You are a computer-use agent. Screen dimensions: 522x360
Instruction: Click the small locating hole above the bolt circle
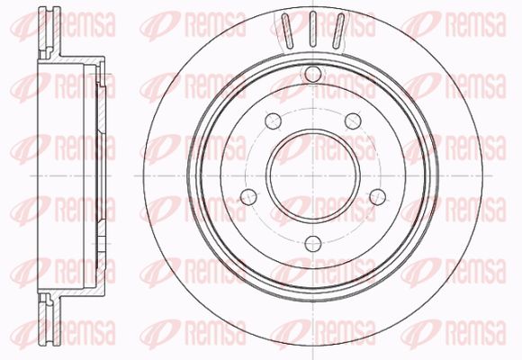(x=313, y=75)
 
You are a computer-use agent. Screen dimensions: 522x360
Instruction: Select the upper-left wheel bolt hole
(x=274, y=121)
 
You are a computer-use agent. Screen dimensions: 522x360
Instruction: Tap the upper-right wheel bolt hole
(x=353, y=121)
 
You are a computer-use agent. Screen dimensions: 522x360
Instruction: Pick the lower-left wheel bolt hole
(x=248, y=197)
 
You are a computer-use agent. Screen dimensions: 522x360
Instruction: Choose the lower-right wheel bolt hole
(x=378, y=197)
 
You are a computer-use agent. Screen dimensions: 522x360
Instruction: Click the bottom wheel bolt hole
(x=313, y=244)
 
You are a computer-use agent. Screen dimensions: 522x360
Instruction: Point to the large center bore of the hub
(x=313, y=175)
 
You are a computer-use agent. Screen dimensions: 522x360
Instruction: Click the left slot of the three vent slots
(x=287, y=30)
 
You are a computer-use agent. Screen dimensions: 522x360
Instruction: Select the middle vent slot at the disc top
(x=313, y=29)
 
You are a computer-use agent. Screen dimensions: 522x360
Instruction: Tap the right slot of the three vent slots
(x=338, y=30)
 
